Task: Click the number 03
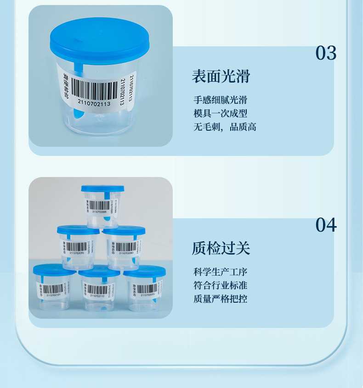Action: tap(326, 53)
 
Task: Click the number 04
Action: tap(326, 225)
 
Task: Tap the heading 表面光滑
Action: tap(221, 76)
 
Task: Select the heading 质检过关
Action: tap(221, 248)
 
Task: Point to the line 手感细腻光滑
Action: tap(220, 100)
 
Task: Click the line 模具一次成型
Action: tap(220, 114)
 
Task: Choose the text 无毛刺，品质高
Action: tap(224, 127)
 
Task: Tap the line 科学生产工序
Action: tap(220, 272)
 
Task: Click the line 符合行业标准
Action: tap(220, 286)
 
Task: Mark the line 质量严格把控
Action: tap(220, 299)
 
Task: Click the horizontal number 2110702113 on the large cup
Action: tap(94, 104)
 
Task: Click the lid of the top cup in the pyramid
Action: tap(102, 188)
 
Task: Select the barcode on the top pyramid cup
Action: tap(99, 205)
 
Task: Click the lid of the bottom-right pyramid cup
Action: tap(144, 271)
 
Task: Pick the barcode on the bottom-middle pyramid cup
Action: tap(97, 289)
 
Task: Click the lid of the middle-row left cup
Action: tap(78, 230)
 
